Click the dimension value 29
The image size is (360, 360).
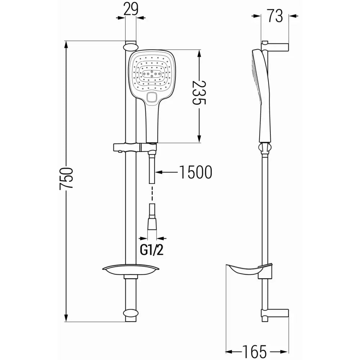point(131,9)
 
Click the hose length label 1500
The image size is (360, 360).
point(195,172)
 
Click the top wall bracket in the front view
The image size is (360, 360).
point(130,46)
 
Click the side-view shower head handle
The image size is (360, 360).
point(263,122)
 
